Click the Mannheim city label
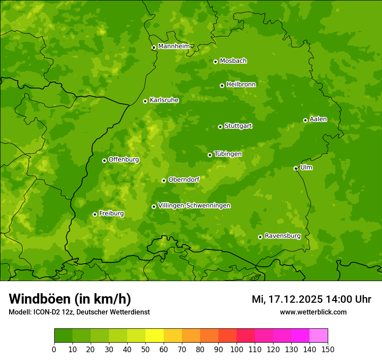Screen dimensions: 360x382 174,46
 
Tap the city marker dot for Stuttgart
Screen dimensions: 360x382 220,127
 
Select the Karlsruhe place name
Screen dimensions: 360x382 164,100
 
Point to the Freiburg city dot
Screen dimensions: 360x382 95,214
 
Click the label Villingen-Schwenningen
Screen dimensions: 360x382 194,206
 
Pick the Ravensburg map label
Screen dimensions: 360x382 283,236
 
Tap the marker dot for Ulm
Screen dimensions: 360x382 296,168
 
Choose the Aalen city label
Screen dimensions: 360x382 318,119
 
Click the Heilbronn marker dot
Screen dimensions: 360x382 222,85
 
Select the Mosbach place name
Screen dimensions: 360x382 233,61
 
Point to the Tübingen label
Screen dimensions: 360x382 228,154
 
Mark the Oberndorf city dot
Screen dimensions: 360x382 164,180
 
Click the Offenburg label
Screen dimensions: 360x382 124,160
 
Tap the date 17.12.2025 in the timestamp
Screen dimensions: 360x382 295,299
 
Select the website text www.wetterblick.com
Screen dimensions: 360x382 313,312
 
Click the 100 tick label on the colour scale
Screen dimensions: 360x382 237,349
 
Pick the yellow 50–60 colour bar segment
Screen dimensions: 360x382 155,336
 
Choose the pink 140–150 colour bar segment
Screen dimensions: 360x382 319,336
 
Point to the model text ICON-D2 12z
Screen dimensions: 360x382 51,312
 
